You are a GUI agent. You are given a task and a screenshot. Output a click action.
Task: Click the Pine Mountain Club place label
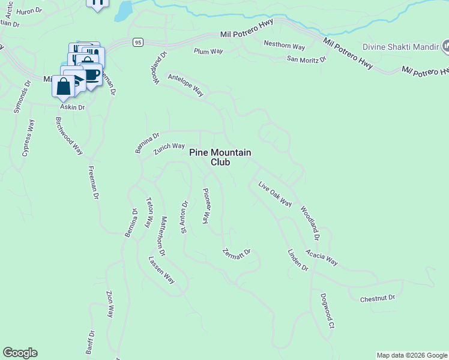(x=220, y=157)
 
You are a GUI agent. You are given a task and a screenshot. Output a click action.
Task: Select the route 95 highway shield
(x=138, y=42)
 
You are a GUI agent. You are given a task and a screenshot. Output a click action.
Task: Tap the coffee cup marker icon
(x=91, y=75)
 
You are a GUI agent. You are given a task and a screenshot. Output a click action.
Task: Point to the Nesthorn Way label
(x=285, y=46)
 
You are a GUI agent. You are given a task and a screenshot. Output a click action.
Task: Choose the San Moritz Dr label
(x=306, y=59)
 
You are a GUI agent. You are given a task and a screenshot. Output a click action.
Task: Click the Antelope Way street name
(x=185, y=85)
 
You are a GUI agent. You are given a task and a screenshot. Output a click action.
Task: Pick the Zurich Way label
(x=169, y=148)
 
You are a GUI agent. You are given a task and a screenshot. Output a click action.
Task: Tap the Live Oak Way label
(x=275, y=194)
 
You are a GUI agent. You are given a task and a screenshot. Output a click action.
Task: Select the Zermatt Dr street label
(x=236, y=255)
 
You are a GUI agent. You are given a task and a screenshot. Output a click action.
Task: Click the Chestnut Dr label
(x=378, y=298)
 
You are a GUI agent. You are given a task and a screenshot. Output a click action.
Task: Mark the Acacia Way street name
(x=322, y=258)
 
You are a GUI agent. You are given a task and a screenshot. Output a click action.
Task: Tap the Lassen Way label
(x=161, y=270)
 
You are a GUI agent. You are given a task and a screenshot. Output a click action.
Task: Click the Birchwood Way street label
(x=69, y=136)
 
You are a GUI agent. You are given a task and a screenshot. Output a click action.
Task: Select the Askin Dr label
(x=72, y=107)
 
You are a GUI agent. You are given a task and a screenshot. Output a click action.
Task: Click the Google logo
(x=20, y=353)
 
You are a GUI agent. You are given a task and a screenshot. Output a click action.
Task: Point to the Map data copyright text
(x=412, y=355)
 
